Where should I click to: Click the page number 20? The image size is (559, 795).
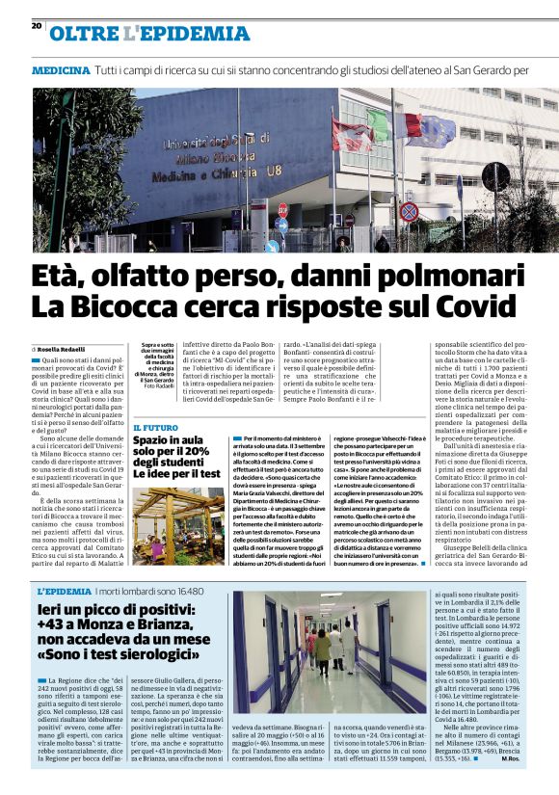37,26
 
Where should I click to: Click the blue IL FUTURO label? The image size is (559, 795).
154,427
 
